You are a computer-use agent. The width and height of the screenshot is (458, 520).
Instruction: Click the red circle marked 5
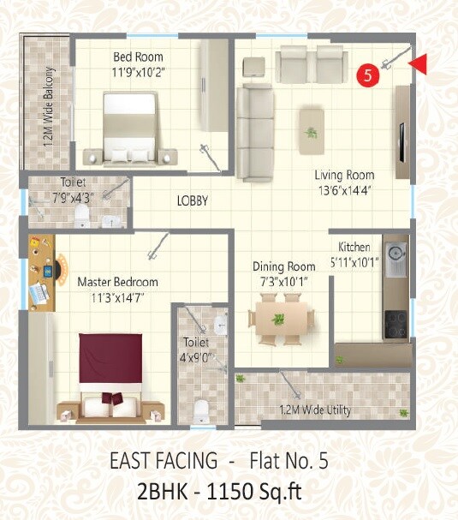[x=367, y=75]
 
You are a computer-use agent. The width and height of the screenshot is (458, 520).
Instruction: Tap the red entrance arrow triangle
[x=418, y=63]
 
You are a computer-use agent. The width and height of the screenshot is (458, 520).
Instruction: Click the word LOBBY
[x=193, y=201]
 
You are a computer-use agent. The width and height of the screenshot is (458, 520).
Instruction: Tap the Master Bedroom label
[x=117, y=282]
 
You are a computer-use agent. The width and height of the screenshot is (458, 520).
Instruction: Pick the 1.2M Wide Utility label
[x=314, y=410]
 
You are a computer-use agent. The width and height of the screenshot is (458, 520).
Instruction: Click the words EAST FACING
[x=163, y=461]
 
